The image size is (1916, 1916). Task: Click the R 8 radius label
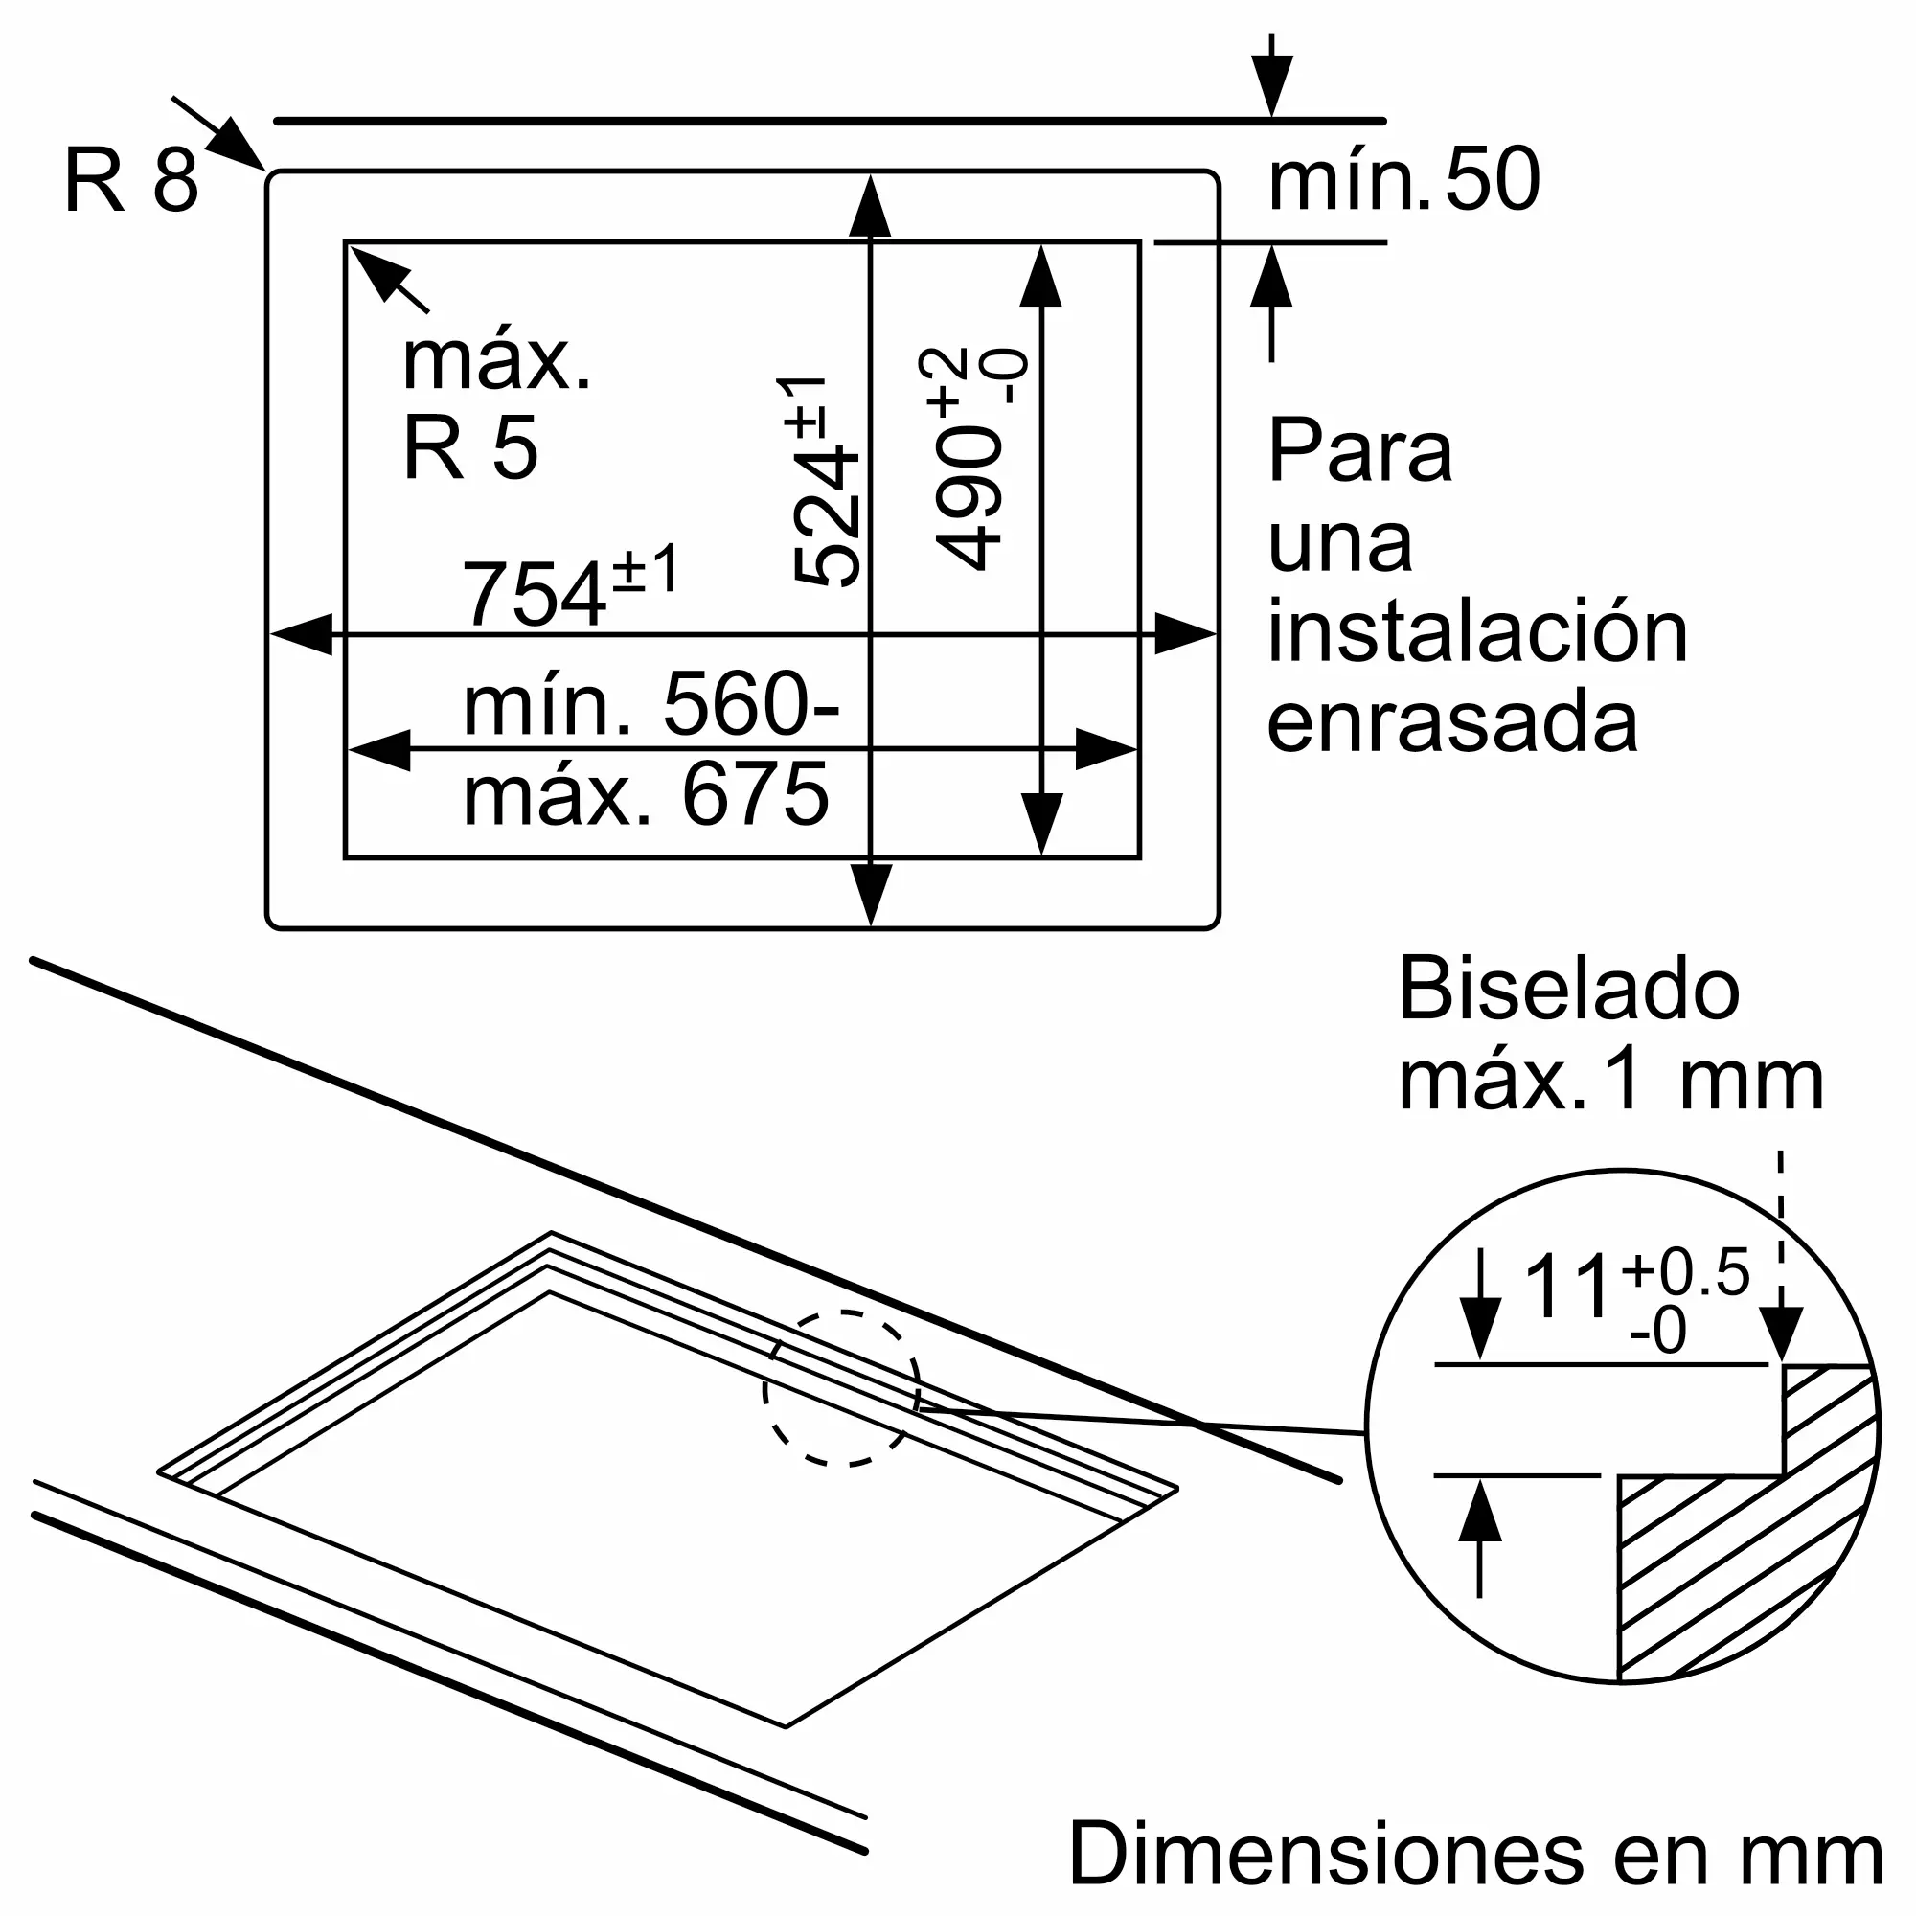pyautogui.click(x=132, y=180)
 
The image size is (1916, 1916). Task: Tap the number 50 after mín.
pyautogui.click(x=1493, y=179)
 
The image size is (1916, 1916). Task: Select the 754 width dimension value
pyautogui.click(x=534, y=594)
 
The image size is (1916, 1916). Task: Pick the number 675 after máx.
pyautogui.click(x=755, y=794)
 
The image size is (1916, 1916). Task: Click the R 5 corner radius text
pyautogui.click(x=470, y=447)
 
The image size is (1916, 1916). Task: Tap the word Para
pyautogui.click(x=1359, y=451)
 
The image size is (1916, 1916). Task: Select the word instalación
pyautogui.click(x=1477, y=631)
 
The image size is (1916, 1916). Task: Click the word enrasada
pyautogui.click(x=1453, y=723)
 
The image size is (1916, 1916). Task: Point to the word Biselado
pyautogui.click(x=1569, y=988)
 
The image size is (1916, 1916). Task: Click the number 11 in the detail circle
pyautogui.click(x=1567, y=1286)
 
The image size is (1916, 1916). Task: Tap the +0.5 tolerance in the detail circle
pyautogui.click(x=1685, y=1271)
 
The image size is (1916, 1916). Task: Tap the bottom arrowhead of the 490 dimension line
pyautogui.click(x=1041, y=825)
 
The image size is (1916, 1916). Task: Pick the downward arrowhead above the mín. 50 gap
pyautogui.click(x=1271, y=86)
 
